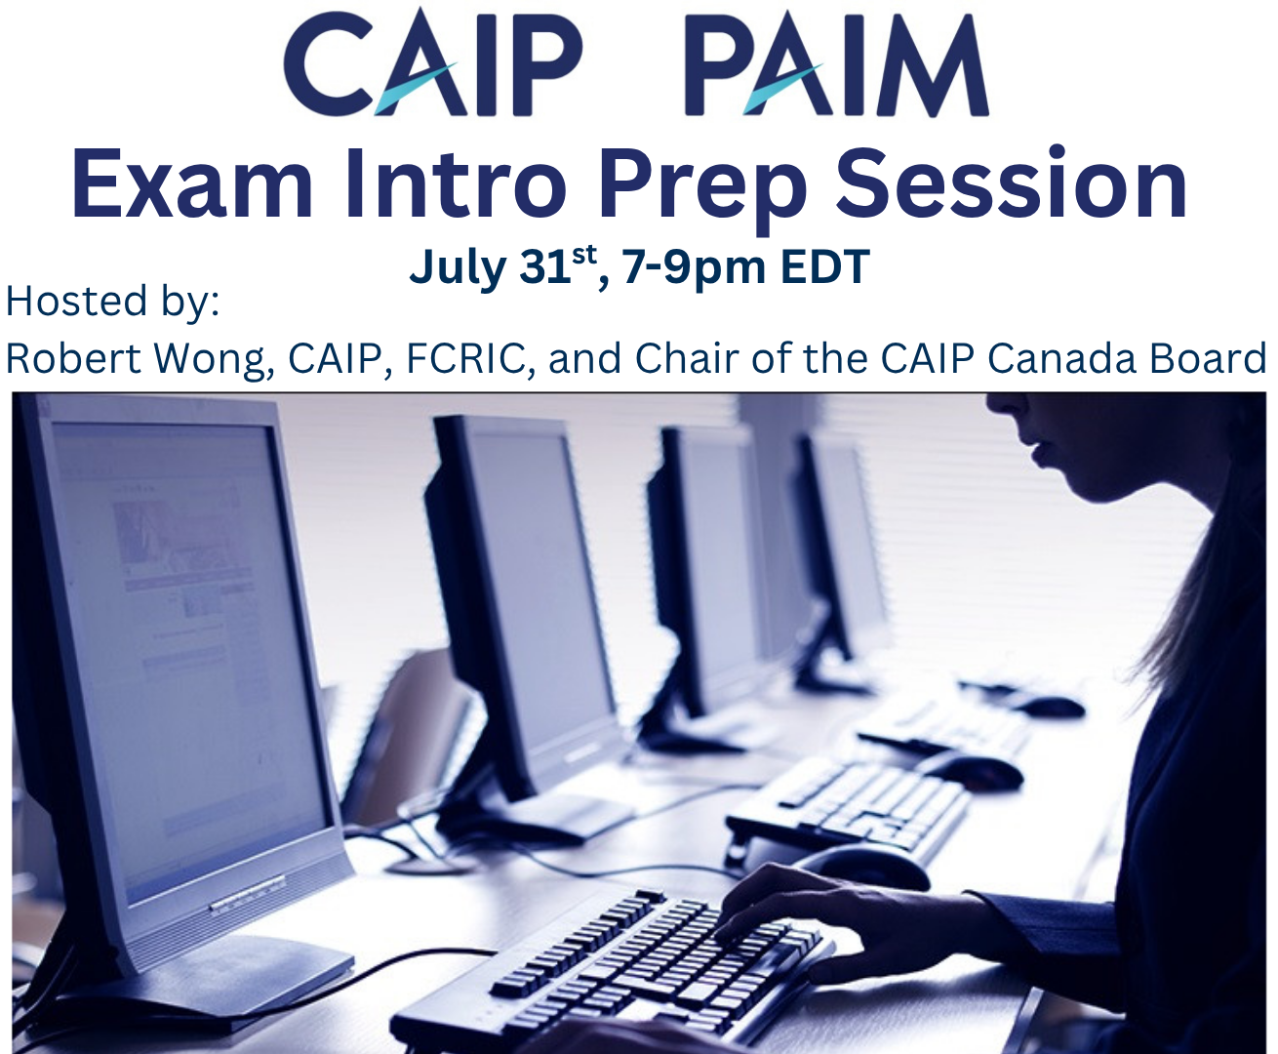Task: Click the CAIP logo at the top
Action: [x=432, y=63]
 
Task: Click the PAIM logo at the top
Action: [x=837, y=64]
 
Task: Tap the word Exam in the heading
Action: [x=193, y=185]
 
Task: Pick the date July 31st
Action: [x=502, y=266]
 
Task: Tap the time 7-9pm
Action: [x=694, y=267]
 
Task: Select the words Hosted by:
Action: [x=112, y=302]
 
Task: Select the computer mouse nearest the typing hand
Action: [x=859, y=867]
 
